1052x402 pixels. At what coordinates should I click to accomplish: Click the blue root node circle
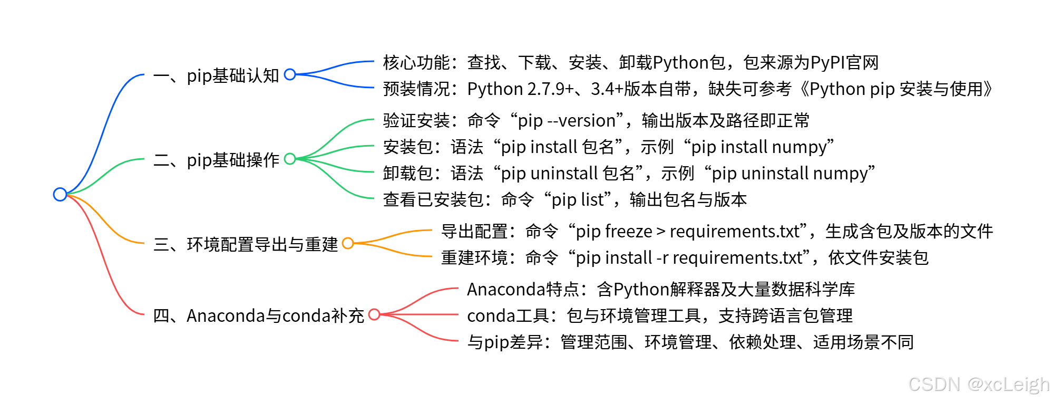point(60,194)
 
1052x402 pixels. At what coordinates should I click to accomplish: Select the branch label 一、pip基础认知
point(216,75)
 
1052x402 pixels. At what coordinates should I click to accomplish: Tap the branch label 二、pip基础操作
point(216,160)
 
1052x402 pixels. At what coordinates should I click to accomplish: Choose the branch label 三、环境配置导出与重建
point(246,244)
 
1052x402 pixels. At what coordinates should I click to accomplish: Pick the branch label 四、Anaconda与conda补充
point(258,315)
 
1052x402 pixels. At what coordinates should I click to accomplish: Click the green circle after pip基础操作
point(290,159)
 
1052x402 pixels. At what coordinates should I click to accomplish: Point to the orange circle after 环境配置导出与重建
point(348,243)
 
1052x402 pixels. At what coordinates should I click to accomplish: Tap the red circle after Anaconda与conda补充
point(374,314)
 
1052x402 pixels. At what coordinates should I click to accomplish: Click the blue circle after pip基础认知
point(290,74)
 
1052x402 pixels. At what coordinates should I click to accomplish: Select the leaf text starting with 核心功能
point(630,63)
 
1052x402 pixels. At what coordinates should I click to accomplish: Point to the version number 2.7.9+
point(550,89)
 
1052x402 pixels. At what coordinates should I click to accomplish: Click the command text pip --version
point(567,121)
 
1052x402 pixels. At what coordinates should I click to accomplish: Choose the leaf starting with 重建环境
point(684,258)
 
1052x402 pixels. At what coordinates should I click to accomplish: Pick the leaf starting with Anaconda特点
point(660,290)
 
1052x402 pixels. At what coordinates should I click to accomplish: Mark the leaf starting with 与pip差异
point(690,342)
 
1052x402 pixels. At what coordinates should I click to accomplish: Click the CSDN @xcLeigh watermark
point(979,384)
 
